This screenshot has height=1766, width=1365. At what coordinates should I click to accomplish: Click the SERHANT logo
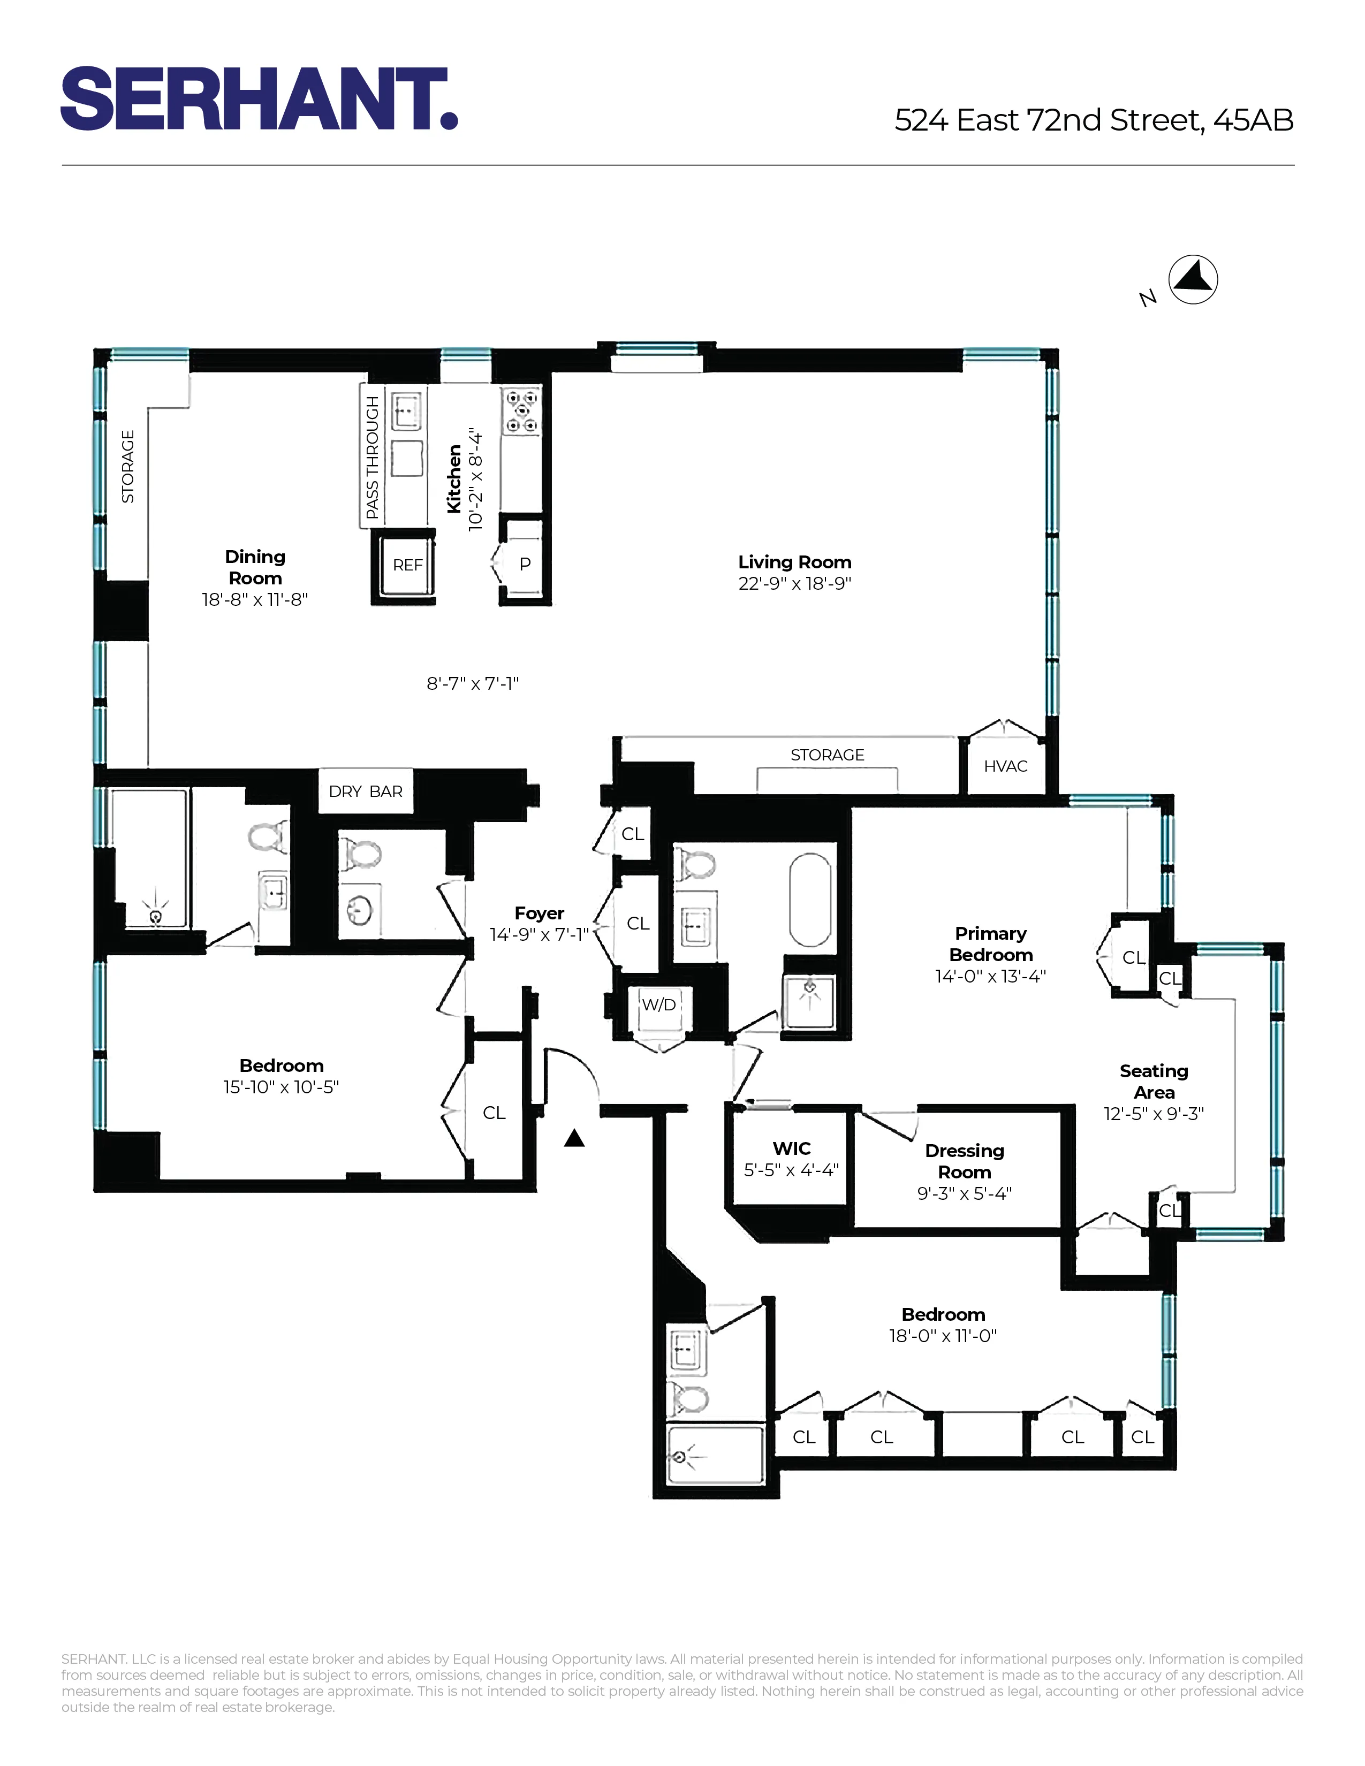coord(259,98)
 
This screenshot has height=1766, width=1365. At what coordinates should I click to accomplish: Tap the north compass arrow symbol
coord(1194,280)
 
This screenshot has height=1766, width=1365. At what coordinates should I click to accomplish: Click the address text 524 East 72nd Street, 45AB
coord(1093,120)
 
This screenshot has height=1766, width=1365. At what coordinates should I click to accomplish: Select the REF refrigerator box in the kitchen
coord(407,565)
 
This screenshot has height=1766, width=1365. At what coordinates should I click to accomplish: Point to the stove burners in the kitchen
coord(521,411)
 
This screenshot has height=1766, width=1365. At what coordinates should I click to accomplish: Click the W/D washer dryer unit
coord(659,1005)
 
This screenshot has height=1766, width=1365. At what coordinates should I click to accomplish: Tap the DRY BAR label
coord(366,791)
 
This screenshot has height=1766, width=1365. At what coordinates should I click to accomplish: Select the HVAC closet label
coord(1005,766)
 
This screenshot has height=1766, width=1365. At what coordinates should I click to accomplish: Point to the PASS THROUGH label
coord(372,457)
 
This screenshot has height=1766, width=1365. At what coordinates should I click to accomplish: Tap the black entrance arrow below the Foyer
coord(574,1138)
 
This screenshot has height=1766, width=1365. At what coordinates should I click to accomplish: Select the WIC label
coord(791,1148)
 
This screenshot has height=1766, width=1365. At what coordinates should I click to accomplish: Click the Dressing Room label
coord(964,1161)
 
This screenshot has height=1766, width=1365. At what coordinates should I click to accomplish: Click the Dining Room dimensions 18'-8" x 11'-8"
coord(255,600)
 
